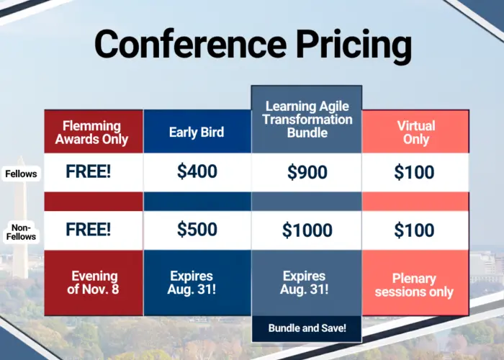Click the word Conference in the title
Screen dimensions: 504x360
[190, 44]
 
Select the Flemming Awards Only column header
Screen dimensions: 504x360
[91, 132]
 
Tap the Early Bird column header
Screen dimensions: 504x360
[197, 132]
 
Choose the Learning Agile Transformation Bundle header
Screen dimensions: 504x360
[307, 120]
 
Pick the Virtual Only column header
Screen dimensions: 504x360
[416, 132]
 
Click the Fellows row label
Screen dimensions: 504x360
[21, 174]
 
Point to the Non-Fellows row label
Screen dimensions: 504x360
[21, 232]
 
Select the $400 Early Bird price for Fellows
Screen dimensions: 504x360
[197, 171]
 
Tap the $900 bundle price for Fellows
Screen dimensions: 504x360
[307, 171]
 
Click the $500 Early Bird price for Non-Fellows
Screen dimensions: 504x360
[197, 229]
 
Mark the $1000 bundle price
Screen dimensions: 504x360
[307, 230]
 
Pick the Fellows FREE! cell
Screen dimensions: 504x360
[89, 171]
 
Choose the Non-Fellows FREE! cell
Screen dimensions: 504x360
[89, 229]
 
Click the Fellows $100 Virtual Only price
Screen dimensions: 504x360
[414, 171]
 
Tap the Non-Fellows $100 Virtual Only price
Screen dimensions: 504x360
[414, 230]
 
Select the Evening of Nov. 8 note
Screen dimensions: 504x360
[93, 282]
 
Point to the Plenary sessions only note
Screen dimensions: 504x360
[414, 285]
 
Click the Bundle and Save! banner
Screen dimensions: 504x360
[307, 328]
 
